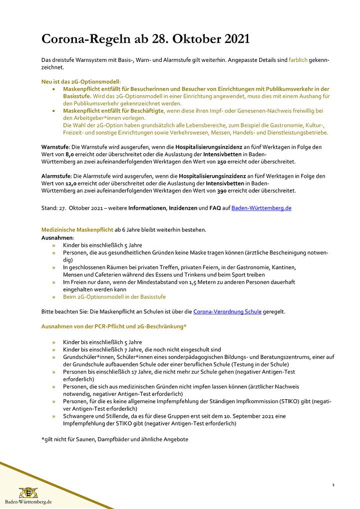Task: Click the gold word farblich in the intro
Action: [299, 60]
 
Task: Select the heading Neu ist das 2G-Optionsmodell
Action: [81, 81]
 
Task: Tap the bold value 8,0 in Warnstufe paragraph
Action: [70, 155]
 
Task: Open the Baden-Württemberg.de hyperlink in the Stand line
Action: [261, 208]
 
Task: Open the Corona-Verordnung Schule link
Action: [227, 311]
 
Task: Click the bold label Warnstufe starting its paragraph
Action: [55, 147]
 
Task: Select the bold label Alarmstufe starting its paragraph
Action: [56, 176]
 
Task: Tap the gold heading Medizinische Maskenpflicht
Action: [77, 230]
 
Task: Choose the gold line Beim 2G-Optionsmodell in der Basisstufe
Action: [114, 296]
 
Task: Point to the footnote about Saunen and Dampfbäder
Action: [115, 439]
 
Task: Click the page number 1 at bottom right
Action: [333, 485]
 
